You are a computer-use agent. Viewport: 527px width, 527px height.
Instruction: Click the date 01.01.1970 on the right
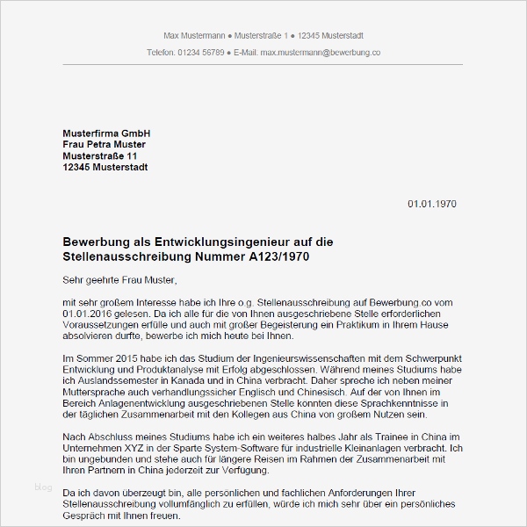(431, 204)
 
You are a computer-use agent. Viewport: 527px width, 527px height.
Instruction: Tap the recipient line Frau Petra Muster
(105, 144)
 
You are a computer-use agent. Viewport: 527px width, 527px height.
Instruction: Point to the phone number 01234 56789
(200, 53)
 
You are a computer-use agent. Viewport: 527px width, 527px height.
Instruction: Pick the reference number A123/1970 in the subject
(274, 256)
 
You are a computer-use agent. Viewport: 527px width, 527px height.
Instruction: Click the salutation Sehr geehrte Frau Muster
(119, 280)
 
